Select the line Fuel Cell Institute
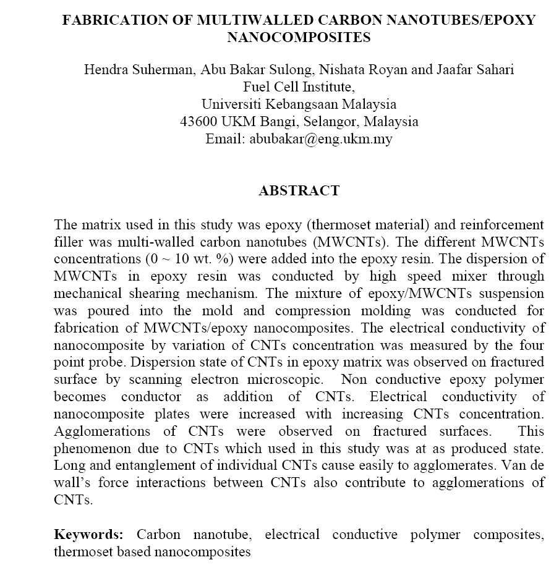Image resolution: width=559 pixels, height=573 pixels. click(299, 87)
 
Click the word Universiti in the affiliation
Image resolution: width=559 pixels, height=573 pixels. click(233, 104)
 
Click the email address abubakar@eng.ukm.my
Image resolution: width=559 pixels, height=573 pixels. click(320, 139)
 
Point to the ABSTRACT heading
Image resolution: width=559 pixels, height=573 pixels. click(299, 191)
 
